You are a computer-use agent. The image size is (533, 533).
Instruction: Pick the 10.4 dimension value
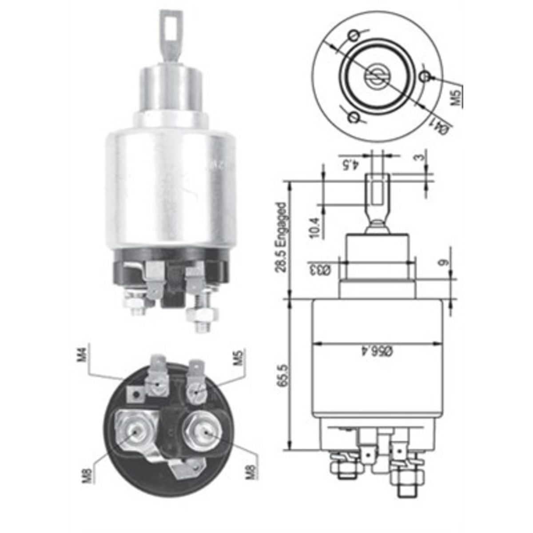click(315, 227)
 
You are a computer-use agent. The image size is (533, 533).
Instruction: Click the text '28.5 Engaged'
click(282, 238)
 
